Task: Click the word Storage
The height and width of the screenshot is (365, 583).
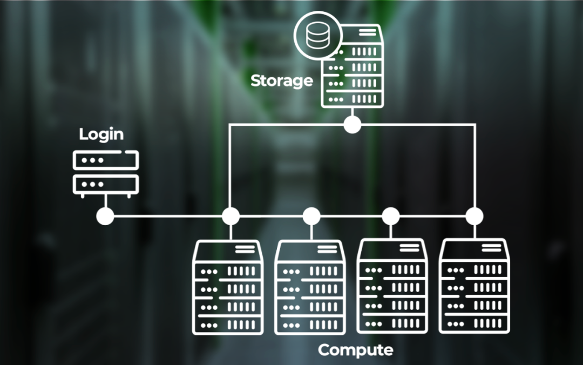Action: click(x=281, y=81)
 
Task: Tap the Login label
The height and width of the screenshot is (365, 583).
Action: click(x=101, y=134)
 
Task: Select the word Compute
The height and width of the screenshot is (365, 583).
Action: click(x=355, y=350)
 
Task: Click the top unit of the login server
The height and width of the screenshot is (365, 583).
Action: click(x=105, y=160)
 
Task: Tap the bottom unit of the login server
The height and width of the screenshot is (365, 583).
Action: click(x=105, y=184)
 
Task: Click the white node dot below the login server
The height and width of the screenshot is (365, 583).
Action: click(x=105, y=217)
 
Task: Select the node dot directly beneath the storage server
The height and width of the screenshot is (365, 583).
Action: click(x=352, y=125)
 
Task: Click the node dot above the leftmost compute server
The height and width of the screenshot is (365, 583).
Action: click(x=231, y=217)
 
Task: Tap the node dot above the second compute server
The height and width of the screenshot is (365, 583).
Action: click(x=311, y=217)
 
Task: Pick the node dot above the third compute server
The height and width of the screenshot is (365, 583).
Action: click(x=391, y=217)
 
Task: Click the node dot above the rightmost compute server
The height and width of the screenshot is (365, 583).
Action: click(x=474, y=217)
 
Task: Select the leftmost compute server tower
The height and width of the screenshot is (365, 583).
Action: click(x=228, y=287)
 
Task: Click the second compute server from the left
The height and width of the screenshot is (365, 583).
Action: click(x=310, y=287)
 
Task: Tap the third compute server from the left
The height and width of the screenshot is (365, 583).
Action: click(x=392, y=287)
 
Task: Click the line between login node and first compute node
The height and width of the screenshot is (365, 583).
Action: click(x=167, y=217)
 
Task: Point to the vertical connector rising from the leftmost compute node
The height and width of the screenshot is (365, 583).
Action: click(x=231, y=167)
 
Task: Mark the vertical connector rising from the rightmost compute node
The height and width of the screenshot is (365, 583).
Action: click(x=474, y=167)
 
